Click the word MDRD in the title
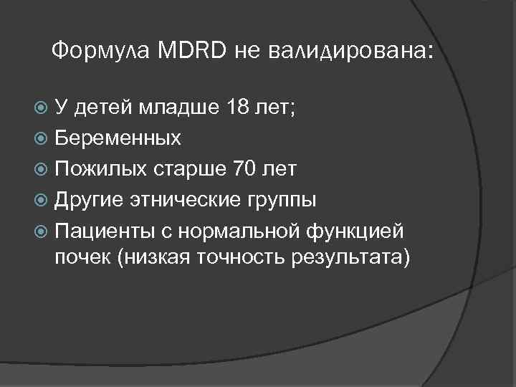195,50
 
